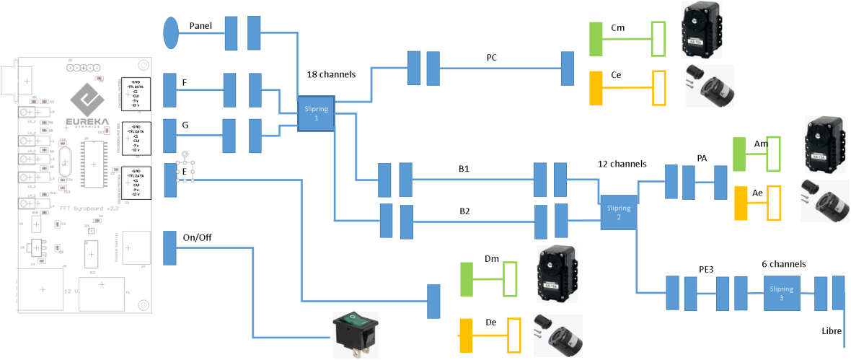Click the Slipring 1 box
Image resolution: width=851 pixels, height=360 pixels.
pyautogui.click(x=316, y=113)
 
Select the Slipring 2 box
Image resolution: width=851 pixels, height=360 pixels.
pyautogui.click(x=619, y=212)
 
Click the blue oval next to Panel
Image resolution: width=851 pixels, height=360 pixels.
pyautogui.click(x=171, y=32)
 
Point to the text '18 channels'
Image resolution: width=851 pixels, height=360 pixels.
pyautogui.click(x=332, y=74)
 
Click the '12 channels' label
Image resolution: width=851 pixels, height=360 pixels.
pyautogui.click(x=622, y=164)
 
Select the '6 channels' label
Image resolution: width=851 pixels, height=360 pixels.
pyautogui.click(x=784, y=264)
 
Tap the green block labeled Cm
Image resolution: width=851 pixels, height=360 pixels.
pyautogui.click(x=596, y=39)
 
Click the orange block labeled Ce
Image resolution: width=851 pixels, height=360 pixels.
pyautogui.click(x=596, y=88)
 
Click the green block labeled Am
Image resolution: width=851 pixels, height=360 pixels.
pyautogui.click(x=738, y=154)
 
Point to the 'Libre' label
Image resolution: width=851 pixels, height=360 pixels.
pyautogui.click(x=831, y=330)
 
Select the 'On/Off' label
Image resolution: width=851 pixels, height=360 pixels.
pyautogui.click(x=198, y=237)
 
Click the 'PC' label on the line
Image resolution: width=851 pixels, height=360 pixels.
pyautogui.click(x=492, y=57)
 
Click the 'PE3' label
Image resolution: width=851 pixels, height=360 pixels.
pyautogui.click(x=707, y=268)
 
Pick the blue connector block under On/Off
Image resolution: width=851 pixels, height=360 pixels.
pyautogui.click(x=170, y=247)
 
